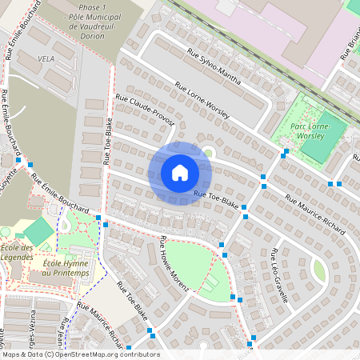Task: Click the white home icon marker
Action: [180, 172]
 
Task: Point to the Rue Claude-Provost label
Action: [145, 110]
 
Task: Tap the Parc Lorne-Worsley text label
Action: [324, 131]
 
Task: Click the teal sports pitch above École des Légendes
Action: [38, 231]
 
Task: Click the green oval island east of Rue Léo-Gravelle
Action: [319, 270]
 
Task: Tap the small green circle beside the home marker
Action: [209, 151]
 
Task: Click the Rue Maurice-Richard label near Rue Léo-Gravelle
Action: [315, 215]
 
